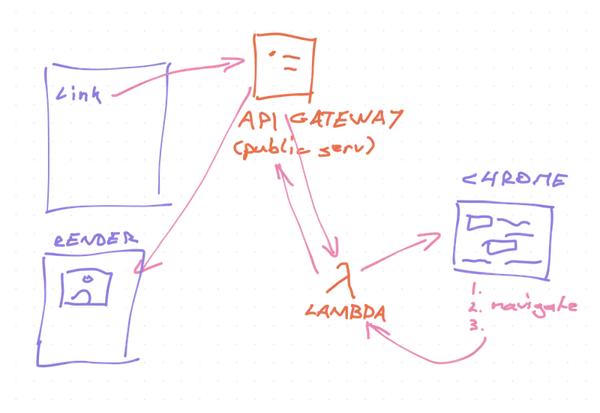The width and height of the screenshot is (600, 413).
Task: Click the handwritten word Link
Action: point(79,95)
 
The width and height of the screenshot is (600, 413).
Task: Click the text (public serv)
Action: point(304,146)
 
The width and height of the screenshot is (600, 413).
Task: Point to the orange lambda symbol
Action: point(345,279)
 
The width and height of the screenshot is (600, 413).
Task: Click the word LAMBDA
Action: point(345,312)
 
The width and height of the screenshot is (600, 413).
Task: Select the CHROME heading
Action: point(514,179)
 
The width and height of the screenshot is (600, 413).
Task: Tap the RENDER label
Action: point(96,240)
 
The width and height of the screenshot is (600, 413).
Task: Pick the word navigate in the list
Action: point(534,307)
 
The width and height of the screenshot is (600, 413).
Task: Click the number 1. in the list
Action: point(475,289)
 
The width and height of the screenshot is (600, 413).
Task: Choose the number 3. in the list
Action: point(476,325)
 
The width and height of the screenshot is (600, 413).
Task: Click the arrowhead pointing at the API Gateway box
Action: point(234,64)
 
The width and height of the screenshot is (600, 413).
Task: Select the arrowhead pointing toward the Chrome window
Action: point(430,239)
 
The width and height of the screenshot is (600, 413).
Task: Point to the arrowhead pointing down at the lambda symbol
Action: point(331,249)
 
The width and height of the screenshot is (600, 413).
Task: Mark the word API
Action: point(257,120)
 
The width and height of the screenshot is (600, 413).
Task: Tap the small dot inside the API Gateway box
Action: point(272,53)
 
